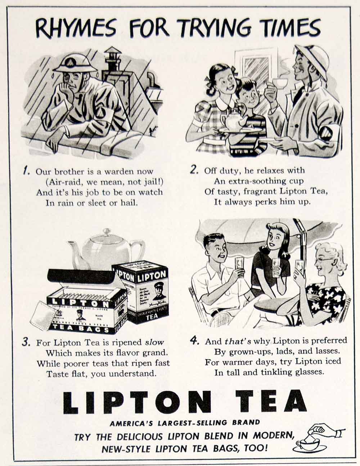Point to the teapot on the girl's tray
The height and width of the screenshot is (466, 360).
232,120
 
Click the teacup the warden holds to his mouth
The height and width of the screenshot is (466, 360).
279,84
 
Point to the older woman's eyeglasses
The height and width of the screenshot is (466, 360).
324,259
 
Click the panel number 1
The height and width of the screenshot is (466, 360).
25,171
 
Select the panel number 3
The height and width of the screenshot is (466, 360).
26,342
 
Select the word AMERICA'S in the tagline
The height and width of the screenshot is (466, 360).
131,422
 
